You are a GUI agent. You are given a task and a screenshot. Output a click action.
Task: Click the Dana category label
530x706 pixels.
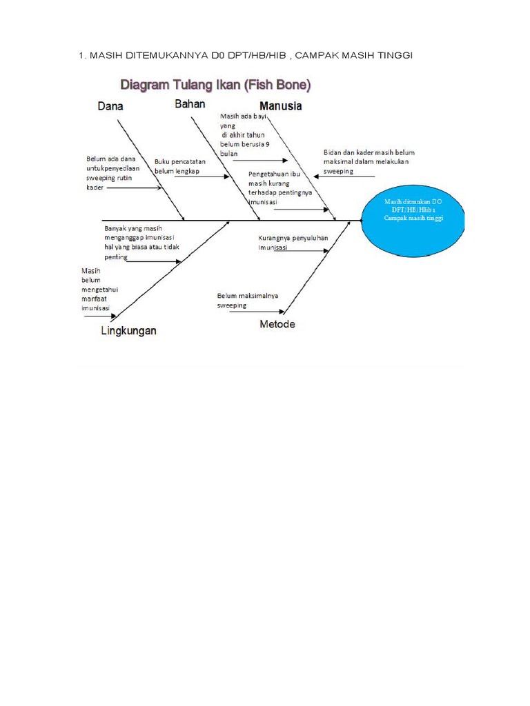pyautogui.click(x=115, y=107)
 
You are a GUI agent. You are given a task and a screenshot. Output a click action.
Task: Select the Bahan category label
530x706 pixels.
pyautogui.click(x=190, y=104)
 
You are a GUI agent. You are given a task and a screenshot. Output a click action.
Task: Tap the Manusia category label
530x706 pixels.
pyautogui.click(x=280, y=107)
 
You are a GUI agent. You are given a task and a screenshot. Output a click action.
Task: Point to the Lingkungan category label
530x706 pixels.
pyautogui.click(x=128, y=331)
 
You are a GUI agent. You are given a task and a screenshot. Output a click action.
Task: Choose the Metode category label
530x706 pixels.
pyautogui.click(x=277, y=324)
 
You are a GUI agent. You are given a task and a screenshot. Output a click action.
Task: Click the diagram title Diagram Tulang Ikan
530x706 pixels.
pyautogui.click(x=216, y=85)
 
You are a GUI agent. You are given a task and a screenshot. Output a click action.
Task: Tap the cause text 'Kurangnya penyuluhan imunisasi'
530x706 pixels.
pyautogui.click(x=293, y=242)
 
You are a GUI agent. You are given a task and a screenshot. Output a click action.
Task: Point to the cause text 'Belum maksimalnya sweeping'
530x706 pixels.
pyautogui.click(x=247, y=300)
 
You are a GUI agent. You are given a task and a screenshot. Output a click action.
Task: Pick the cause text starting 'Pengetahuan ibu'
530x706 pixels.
pyautogui.click(x=279, y=188)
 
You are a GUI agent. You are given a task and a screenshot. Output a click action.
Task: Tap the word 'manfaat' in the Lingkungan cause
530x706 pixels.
pyautogui.click(x=96, y=300)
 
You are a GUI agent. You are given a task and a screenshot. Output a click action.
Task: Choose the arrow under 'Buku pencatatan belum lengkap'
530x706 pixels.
pyautogui.click(x=202, y=176)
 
